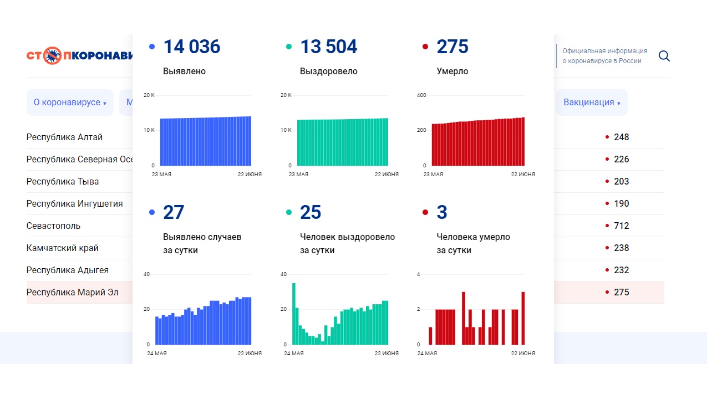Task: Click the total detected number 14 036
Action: (x=191, y=47)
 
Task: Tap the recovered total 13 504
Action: (x=328, y=47)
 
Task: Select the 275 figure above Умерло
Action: (x=452, y=47)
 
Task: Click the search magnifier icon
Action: (x=664, y=56)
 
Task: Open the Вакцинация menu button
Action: (x=592, y=103)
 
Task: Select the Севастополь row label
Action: (x=53, y=226)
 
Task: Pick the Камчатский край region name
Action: (x=62, y=248)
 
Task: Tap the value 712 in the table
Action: (x=621, y=226)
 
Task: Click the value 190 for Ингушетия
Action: (x=621, y=203)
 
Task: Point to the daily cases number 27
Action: (x=174, y=213)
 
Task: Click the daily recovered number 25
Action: (x=311, y=213)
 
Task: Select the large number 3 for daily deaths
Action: (x=442, y=213)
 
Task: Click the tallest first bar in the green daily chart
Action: (x=294, y=314)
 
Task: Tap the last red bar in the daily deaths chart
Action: (x=523, y=318)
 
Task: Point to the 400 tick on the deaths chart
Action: (x=421, y=95)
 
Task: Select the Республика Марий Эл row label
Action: (x=72, y=292)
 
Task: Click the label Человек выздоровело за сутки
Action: (x=347, y=243)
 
